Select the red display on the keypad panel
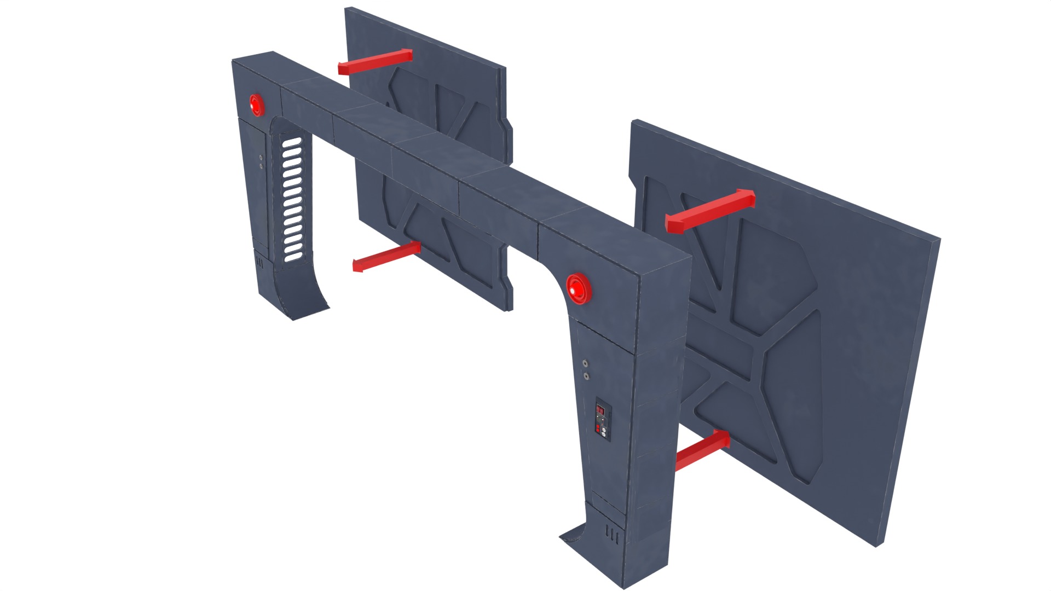pos(600,408)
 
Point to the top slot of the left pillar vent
pos(291,142)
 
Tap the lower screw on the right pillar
pos(586,376)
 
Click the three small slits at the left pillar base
pos(260,263)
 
